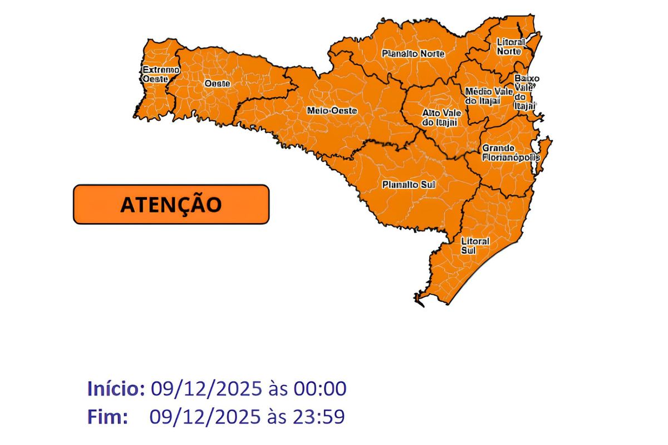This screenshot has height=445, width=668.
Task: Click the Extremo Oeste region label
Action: click(x=160, y=75)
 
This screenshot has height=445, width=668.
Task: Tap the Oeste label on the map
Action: click(x=217, y=83)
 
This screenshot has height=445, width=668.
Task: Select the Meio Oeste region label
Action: click(x=332, y=111)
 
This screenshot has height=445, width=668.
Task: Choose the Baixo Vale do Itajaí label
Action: click(x=525, y=91)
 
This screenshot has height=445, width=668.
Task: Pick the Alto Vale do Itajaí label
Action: click(x=440, y=117)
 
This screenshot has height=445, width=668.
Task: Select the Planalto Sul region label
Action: click(x=408, y=184)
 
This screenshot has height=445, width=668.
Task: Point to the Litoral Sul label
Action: click(x=475, y=246)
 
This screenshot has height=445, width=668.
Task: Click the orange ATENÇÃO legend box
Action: click(x=171, y=204)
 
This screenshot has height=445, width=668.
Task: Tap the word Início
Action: click(x=116, y=389)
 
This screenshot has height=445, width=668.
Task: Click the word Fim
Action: click(x=107, y=417)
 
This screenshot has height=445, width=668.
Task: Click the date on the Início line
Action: click(x=205, y=389)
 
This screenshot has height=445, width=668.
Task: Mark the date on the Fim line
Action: click(x=205, y=417)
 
